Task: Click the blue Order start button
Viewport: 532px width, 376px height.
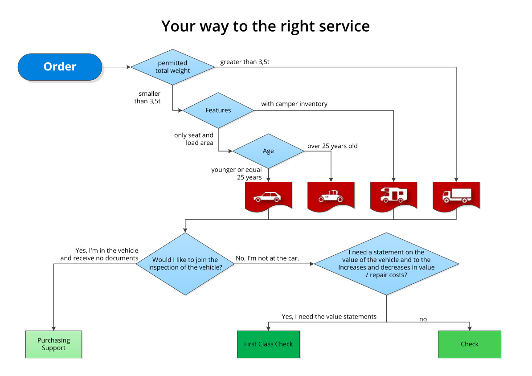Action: pos(60,67)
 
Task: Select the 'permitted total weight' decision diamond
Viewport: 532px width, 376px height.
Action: pos(172,67)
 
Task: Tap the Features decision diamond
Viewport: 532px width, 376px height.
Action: pos(218,110)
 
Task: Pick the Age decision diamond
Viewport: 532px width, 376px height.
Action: pos(268,151)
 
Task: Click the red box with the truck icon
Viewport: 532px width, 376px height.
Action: pos(456,195)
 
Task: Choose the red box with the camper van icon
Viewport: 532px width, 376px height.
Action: pos(393,195)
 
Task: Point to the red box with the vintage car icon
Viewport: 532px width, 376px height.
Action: pos(331,195)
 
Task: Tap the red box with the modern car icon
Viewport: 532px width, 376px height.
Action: pos(268,195)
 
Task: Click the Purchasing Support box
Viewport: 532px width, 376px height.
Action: pos(53,344)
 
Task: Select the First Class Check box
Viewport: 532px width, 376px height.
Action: pos(268,344)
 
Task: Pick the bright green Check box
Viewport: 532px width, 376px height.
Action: pos(470,344)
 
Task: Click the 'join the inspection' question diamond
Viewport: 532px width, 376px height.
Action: pos(185,263)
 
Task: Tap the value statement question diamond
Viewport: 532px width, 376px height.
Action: pos(386,264)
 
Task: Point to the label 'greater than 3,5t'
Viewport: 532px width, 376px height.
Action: pos(245,62)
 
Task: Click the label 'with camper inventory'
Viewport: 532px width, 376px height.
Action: pos(294,104)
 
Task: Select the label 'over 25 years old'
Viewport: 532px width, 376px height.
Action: pos(332,146)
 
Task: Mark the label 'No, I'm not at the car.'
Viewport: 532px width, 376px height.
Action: pos(267,258)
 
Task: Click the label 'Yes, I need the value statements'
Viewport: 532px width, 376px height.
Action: pos(329,317)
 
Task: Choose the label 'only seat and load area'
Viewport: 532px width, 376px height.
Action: pos(194,139)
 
